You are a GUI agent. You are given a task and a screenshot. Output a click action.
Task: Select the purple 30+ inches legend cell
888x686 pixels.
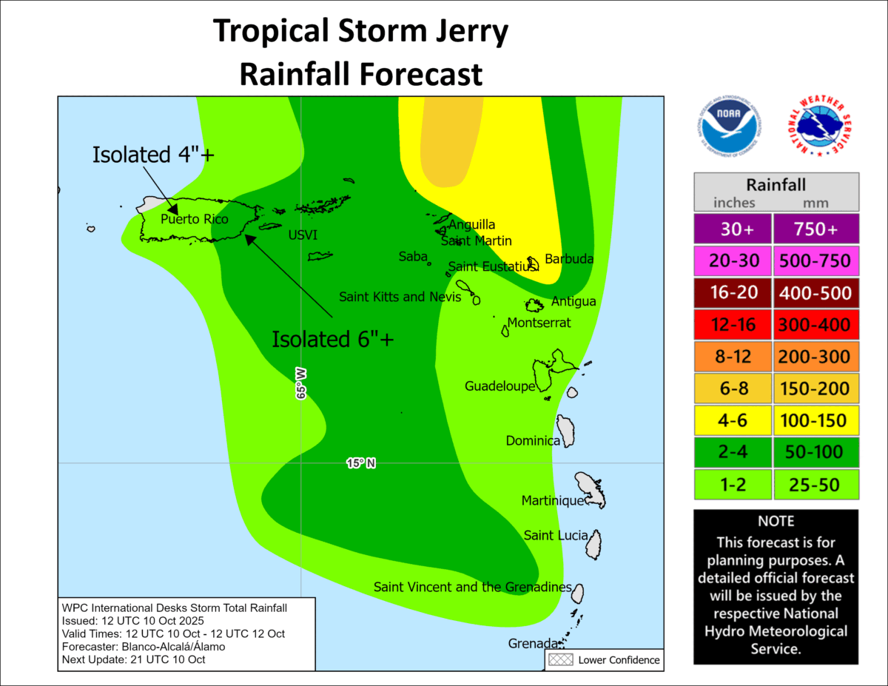click(x=732, y=229)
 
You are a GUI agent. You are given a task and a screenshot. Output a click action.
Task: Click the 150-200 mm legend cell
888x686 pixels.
click(x=816, y=389)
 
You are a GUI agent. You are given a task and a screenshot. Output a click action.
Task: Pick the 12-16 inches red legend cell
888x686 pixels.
click(x=732, y=325)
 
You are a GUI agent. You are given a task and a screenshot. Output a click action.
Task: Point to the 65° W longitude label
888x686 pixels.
click(x=301, y=381)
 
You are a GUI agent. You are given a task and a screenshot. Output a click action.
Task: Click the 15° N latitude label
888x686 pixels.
click(x=361, y=463)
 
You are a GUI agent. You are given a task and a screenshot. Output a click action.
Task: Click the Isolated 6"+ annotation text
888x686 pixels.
click(x=332, y=339)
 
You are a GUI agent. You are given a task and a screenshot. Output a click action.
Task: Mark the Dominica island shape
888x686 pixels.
click(x=566, y=431)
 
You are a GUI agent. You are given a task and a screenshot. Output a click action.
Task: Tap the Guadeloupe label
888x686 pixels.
click(x=499, y=386)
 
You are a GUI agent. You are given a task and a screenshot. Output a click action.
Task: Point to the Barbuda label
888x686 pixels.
click(x=568, y=259)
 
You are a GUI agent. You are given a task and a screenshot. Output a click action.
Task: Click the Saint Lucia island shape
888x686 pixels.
click(x=593, y=545)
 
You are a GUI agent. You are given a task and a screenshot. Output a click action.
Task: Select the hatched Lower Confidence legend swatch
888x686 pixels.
click(x=559, y=659)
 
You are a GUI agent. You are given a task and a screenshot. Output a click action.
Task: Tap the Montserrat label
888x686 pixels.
click(x=539, y=323)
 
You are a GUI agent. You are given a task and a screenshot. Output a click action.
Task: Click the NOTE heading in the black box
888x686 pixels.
click(x=776, y=521)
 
